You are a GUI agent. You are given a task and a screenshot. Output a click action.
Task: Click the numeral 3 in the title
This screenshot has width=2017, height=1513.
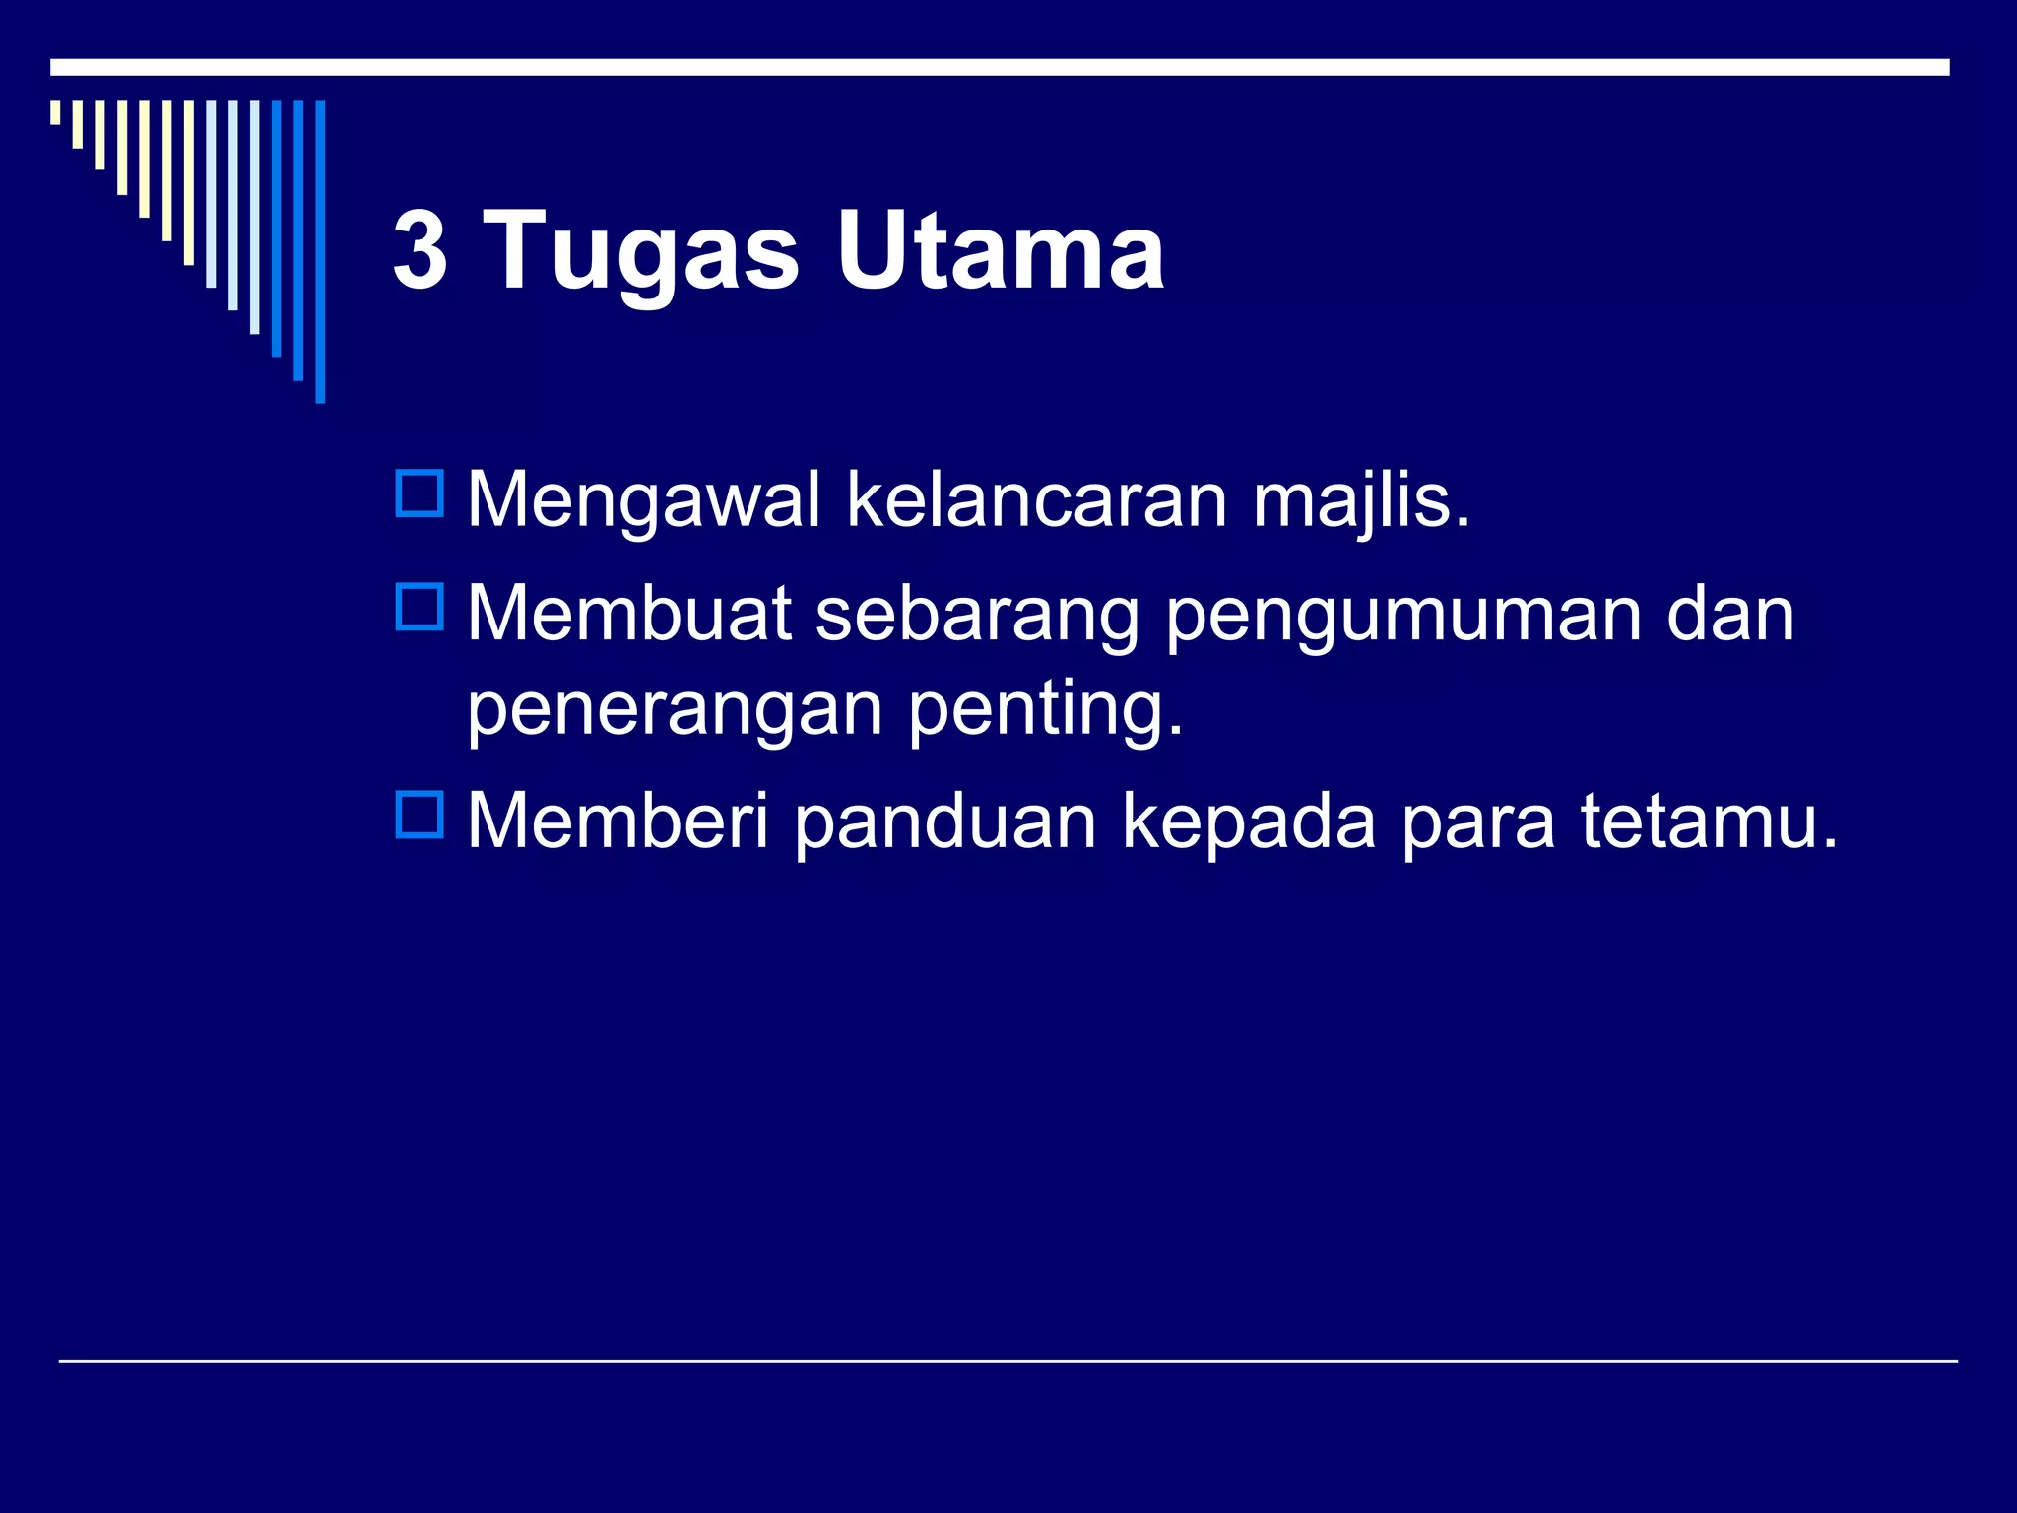tap(421, 251)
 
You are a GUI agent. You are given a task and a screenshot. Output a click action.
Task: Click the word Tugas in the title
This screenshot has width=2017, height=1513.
tap(641, 254)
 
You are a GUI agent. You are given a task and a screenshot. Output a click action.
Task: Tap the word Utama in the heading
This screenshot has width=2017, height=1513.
tap(1000, 251)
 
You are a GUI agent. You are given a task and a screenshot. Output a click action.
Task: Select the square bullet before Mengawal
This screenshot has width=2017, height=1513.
tap(420, 493)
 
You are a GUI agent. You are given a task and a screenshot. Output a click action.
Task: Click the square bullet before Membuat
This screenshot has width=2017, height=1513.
tap(420, 607)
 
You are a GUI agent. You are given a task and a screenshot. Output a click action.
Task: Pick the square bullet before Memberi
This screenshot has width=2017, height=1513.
tap(420, 815)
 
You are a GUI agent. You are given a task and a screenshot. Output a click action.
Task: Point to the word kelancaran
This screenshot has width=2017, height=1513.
tap(1036, 500)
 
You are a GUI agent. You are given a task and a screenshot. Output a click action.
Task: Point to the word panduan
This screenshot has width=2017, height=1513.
tap(944, 822)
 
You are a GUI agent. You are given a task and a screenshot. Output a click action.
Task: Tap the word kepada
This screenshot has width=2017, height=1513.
tap(1249, 822)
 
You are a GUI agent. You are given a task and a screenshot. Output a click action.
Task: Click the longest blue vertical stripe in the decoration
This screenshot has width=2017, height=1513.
tap(320, 251)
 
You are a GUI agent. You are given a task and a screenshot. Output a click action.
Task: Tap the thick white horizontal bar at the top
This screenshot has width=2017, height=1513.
tap(1000, 67)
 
